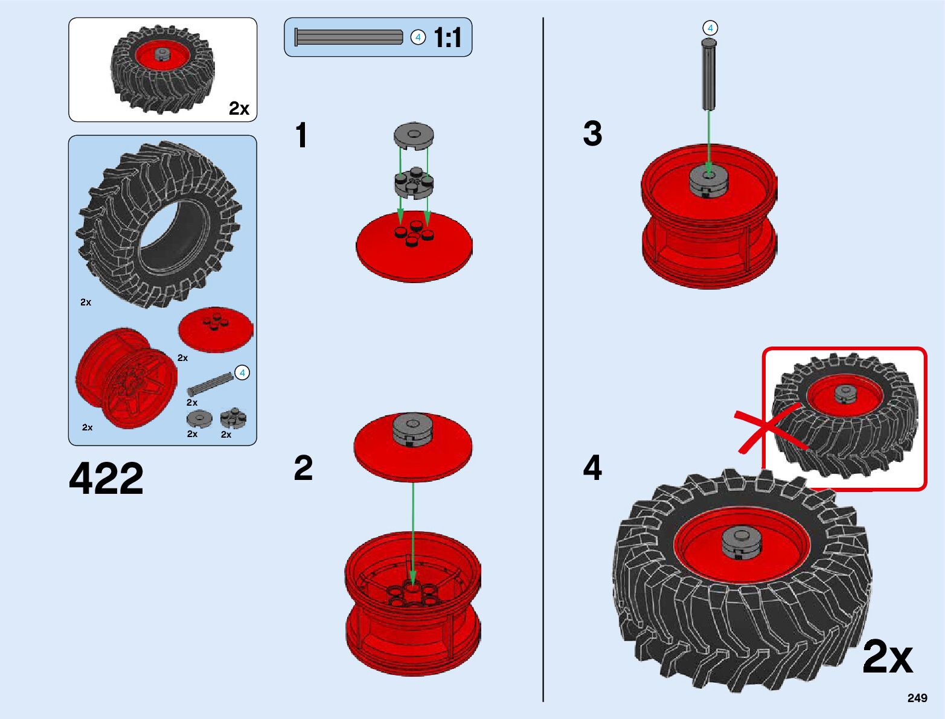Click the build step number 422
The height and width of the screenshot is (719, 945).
click(x=106, y=478)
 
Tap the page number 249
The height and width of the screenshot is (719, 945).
click(x=917, y=698)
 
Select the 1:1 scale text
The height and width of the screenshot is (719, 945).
click(x=447, y=37)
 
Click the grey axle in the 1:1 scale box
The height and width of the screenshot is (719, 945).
click(x=348, y=37)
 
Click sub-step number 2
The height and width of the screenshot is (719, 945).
click(x=303, y=468)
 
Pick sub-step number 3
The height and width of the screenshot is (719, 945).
click(x=592, y=133)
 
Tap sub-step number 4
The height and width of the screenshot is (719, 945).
click(x=592, y=468)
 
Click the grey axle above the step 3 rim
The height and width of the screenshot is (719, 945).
click(x=709, y=75)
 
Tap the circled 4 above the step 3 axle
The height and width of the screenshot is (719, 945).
click(x=710, y=28)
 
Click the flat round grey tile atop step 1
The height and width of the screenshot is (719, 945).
click(x=414, y=136)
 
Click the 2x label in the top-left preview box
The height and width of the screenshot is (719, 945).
click(x=239, y=108)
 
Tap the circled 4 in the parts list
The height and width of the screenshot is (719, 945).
click(x=242, y=373)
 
